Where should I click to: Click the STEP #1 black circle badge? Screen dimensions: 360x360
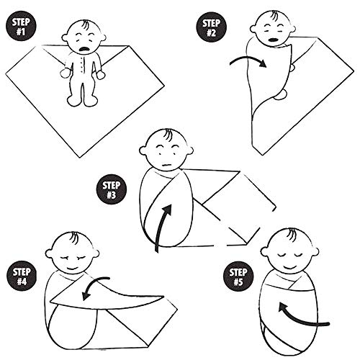click(21, 27)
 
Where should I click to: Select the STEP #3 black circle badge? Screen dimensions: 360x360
click(112, 189)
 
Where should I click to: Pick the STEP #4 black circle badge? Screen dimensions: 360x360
click(22, 276)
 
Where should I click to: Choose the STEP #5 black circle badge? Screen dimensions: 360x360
click(238, 276)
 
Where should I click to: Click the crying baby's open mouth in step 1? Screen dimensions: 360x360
click(84, 49)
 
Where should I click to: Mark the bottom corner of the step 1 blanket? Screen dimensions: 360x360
click(80, 157)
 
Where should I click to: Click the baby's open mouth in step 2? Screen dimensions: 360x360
click(272, 40)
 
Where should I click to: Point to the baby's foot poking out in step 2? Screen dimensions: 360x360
click(280, 94)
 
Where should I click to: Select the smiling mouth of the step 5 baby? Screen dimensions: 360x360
click(289, 266)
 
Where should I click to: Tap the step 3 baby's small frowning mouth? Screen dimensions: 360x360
click(166, 165)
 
